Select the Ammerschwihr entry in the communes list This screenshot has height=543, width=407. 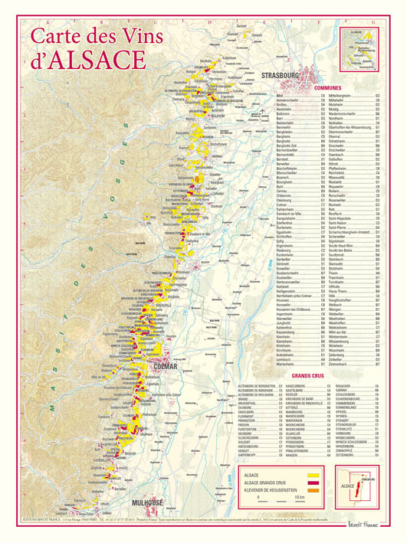point(271,100)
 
